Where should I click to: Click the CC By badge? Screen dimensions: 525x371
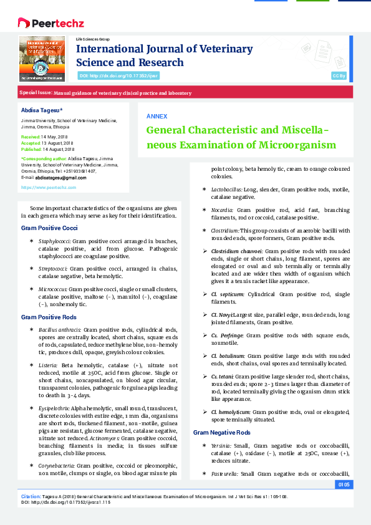click(x=339, y=75)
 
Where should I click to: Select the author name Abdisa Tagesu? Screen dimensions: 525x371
click(x=42, y=110)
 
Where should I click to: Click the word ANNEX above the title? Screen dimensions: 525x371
click(x=157, y=117)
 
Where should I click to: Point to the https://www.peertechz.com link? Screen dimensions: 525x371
click(x=49, y=187)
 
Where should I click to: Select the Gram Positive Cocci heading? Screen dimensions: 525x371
click(x=49, y=229)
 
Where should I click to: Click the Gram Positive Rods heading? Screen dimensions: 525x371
click(x=49, y=317)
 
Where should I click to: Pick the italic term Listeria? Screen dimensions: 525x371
click(x=47, y=364)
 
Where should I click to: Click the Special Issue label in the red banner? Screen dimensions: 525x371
click(x=35, y=92)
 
